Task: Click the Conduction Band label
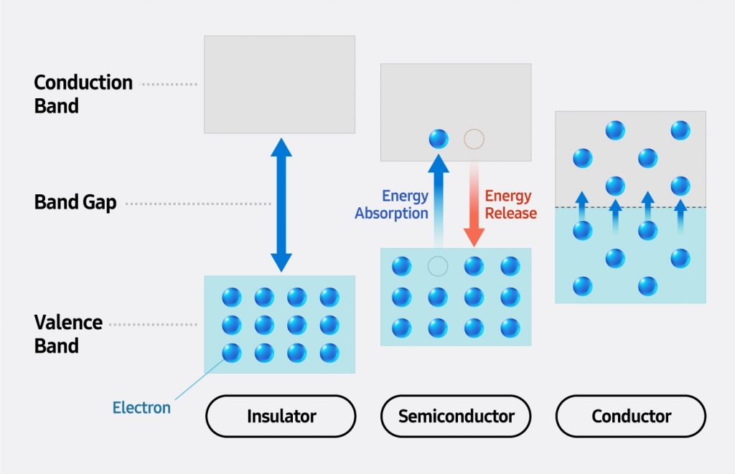click(83, 94)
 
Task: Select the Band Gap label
click(75, 203)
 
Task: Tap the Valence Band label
click(68, 333)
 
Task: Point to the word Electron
click(141, 408)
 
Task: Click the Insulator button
click(281, 416)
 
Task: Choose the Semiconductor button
click(456, 416)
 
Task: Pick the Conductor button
click(631, 416)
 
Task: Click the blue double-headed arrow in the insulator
click(281, 204)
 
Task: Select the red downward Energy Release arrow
click(474, 208)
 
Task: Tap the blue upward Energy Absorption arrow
click(438, 201)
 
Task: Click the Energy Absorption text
click(392, 204)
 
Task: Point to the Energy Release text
click(508, 204)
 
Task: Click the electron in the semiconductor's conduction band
click(438, 138)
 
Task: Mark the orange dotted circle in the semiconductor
click(474, 138)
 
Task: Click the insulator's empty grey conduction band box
click(279, 85)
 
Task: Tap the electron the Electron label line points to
click(231, 353)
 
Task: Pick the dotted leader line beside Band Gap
click(197, 204)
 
